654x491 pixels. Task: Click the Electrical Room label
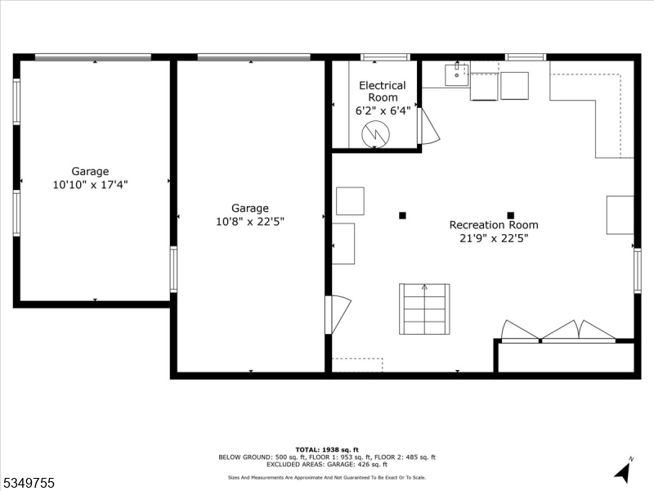tap(382, 92)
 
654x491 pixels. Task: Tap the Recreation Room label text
tap(494, 225)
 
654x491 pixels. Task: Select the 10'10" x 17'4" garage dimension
tap(90, 185)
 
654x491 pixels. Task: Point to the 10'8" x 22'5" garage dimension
tap(250, 221)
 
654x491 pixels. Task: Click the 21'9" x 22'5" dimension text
tap(494, 239)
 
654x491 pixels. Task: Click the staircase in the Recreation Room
tap(424, 309)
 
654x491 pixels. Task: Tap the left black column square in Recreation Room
tap(402, 215)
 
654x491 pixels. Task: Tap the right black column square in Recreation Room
tap(511, 215)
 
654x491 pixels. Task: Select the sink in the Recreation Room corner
tap(456, 74)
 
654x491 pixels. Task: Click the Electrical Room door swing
tap(428, 127)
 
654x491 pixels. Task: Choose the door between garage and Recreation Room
tap(338, 314)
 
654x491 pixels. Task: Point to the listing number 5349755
tap(29, 484)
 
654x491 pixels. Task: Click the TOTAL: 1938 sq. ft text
tap(326, 449)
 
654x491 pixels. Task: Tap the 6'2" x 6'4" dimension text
tap(382, 110)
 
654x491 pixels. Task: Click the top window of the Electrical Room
tap(384, 57)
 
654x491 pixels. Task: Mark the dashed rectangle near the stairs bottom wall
tap(357, 365)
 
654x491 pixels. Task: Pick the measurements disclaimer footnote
tap(326, 477)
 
